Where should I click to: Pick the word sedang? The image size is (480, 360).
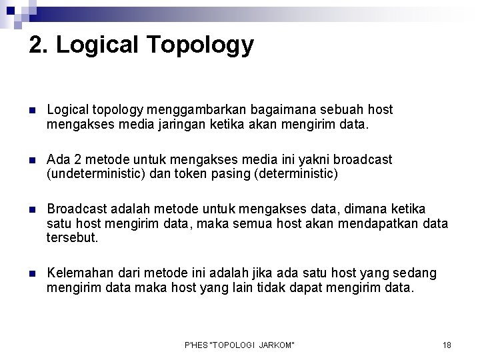coord(418,275)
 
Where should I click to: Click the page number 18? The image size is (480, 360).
coord(447,345)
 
